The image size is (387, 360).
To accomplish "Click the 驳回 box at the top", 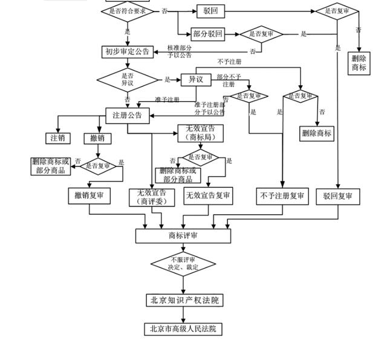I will point(210,11).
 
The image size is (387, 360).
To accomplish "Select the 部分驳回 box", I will point(207,34).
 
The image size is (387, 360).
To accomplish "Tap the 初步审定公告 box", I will point(127,52).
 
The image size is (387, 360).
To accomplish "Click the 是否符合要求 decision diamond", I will point(127,11).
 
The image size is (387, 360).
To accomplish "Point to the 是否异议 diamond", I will point(127,79).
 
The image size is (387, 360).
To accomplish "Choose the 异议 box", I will point(195,79).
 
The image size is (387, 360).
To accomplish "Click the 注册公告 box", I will point(127,115).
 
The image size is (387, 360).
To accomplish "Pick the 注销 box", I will point(58,139).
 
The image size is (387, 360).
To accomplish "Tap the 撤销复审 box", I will point(89,195).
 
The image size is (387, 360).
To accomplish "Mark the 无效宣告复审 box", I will point(208,196).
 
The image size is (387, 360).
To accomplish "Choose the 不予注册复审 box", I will point(281,196).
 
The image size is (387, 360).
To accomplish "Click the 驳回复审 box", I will point(337,196).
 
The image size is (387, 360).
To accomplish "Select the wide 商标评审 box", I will point(183,235).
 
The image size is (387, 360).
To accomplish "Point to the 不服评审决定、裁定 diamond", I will point(183,263).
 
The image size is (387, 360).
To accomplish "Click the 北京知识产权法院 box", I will point(183,300).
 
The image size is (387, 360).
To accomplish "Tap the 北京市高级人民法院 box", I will point(183,329).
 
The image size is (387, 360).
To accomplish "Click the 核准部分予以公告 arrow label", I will point(180,51).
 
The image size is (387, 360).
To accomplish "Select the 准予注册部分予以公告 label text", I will point(209,108).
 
